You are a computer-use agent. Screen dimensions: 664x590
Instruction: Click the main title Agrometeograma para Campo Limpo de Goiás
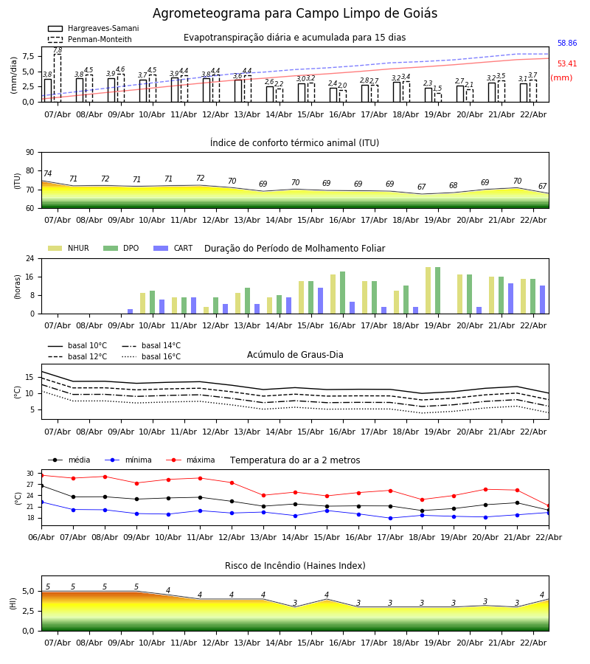point(295,14)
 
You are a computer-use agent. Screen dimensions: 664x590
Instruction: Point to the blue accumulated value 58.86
point(567,44)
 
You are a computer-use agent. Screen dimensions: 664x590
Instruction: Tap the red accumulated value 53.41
point(567,65)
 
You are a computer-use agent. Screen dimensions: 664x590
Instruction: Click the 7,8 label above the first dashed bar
point(58,51)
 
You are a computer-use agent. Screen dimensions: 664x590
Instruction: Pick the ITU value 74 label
point(47,174)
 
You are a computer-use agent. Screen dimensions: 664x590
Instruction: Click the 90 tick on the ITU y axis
point(29,153)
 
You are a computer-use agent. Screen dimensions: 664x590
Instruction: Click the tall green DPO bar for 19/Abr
point(437,290)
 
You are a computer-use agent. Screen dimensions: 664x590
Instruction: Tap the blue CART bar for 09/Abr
point(130,311)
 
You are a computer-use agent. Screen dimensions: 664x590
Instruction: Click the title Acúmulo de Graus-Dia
point(295,355)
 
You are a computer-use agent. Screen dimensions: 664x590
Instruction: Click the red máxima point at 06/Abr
point(41,475)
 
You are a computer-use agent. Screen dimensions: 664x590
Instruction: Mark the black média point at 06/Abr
point(41,485)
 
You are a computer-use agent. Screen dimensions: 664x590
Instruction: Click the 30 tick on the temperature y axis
point(30,474)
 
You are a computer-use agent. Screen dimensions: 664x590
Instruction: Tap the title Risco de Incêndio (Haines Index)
point(295,566)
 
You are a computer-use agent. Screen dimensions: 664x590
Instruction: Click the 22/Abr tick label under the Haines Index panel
point(533,643)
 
